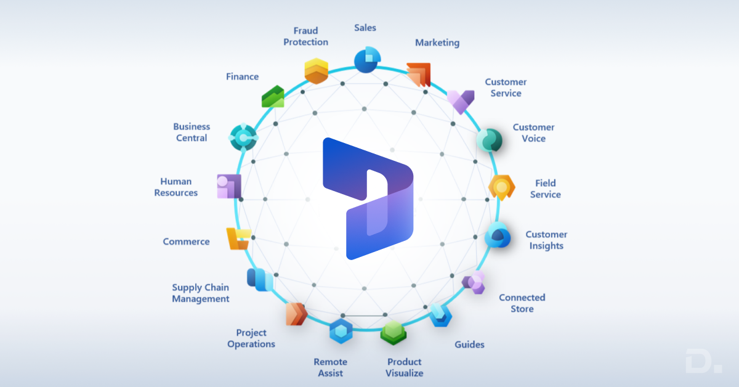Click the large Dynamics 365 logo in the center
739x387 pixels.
(x=368, y=198)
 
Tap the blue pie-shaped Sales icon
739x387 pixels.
(x=367, y=60)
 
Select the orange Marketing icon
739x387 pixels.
(x=419, y=75)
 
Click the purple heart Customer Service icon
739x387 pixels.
(x=461, y=100)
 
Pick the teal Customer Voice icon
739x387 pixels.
(x=490, y=141)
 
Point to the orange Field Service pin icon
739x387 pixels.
(x=502, y=187)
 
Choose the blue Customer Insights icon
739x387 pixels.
(x=497, y=235)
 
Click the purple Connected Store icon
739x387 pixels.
(x=474, y=282)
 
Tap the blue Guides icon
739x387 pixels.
(x=440, y=315)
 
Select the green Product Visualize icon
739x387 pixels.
(x=393, y=333)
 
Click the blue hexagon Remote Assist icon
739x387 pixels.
(x=341, y=332)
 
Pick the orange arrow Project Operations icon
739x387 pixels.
(x=296, y=314)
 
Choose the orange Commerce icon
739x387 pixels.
(x=238, y=238)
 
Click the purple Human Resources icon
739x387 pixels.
(x=229, y=186)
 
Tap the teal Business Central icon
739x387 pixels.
(x=243, y=137)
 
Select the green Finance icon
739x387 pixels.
(x=273, y=97)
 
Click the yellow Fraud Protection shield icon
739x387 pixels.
(x=317, y=71)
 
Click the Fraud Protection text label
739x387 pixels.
(x=310, y=36)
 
